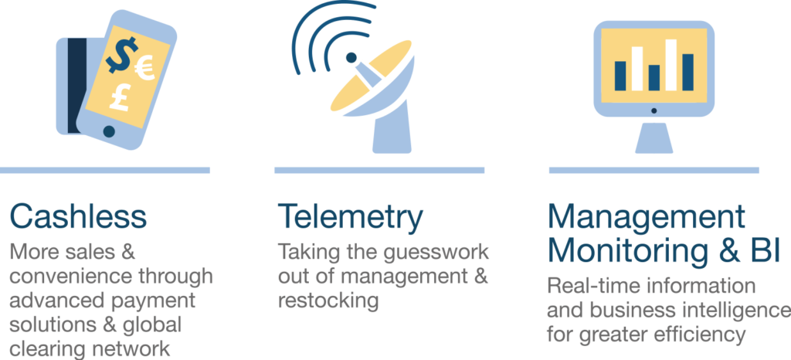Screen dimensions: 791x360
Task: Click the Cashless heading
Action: [78, 216]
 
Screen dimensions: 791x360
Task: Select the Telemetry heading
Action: [350, 216]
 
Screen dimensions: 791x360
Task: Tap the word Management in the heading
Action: [647, 216]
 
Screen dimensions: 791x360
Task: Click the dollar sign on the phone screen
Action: [121, 55]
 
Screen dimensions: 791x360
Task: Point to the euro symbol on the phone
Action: [145, 67]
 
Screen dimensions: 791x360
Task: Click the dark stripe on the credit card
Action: [77, 86]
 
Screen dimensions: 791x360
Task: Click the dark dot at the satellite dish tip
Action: [351, 57]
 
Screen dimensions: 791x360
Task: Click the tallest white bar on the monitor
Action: [671, 65]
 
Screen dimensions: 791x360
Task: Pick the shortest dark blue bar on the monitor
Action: [654, 78]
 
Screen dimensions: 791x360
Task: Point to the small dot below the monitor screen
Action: [654, 110]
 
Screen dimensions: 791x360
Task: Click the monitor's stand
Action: [654, 138]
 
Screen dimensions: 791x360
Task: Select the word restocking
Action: [328, 301]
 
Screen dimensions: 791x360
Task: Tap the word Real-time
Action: [588, 286]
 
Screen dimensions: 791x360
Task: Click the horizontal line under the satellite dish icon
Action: [379, 171]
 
